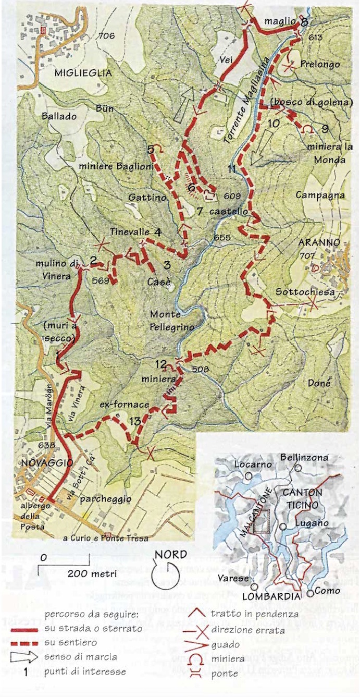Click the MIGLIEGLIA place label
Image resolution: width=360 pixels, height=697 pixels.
point(83,74)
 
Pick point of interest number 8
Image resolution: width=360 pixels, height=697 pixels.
point(304,21)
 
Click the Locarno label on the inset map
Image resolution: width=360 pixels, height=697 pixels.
point(247,464)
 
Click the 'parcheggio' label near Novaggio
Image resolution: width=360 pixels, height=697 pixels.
point(106,499)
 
